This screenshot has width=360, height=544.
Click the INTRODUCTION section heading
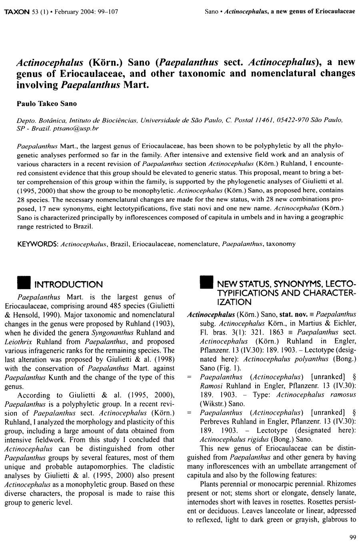point(68,285)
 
